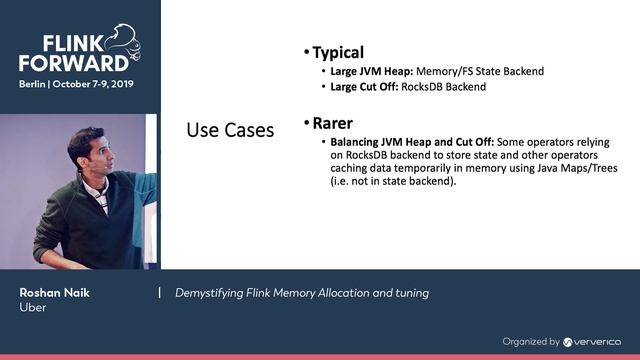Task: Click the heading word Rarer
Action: coord(333,124)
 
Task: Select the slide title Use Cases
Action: coord(230,131)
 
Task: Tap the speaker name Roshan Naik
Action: coord(53,292)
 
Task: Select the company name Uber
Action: coord(33,308)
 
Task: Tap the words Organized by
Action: coord(530,341)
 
